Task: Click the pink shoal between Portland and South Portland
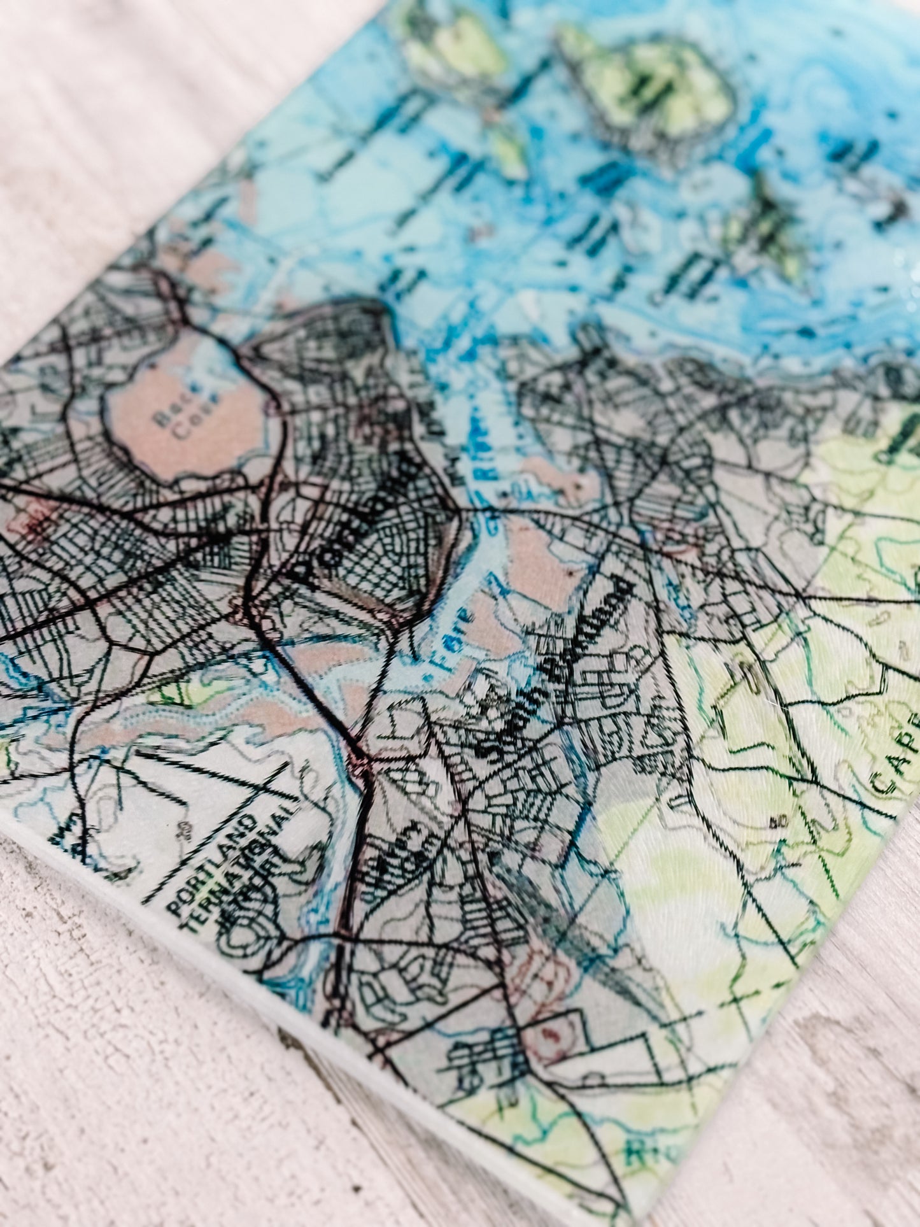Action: (541, 560)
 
